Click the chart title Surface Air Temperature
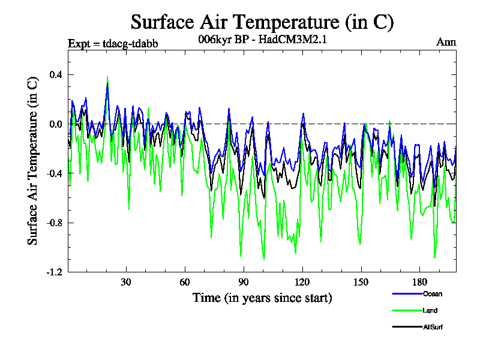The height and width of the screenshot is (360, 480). pyautogui.click(x=262, y=22)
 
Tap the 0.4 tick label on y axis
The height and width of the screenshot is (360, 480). pyautogui.click(x=56, y=74)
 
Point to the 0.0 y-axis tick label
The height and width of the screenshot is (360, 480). pyautogui.click(x=56, y=124)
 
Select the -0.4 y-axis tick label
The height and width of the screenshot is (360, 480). pyautogui.click(x=54, y=173)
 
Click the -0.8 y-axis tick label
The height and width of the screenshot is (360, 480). pyautogui.click(x=54, y=223)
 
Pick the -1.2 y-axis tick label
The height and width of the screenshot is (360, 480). pyautogui.click(x=54, y=272)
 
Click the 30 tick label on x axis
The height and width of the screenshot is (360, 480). pyautogui.click(x=126, y=283)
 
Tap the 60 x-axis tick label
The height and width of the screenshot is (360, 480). pyautogui.click(x=185, y=283)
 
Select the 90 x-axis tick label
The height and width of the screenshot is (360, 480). pyautogui.click(x=244, y=283)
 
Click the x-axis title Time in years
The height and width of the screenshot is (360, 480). pyautogui.click(x=262, y=298)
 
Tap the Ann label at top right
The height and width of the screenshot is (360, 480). pyautogui.click(x=446, y=42)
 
